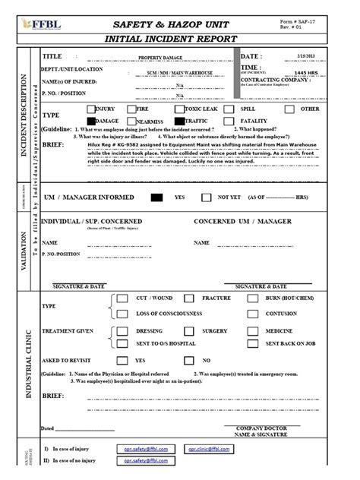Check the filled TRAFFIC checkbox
coord(201,121)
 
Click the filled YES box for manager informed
coord(156,197)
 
